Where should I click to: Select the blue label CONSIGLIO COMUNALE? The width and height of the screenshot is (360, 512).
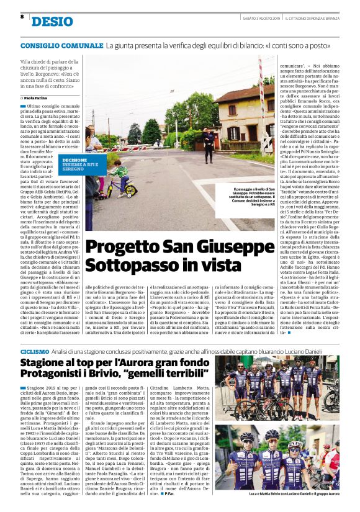[x=61, y=46]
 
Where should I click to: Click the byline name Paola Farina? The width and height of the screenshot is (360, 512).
[x=38, y=97]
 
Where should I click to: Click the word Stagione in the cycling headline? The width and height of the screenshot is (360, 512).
[x=50, y=363]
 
